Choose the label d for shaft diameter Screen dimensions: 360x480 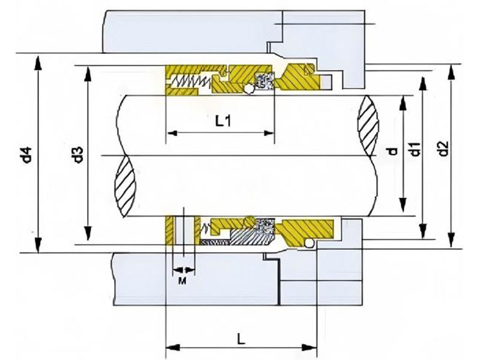pos(393,150)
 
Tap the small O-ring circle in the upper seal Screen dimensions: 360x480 pos(248,90)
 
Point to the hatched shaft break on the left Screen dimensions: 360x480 pos(127,179)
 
